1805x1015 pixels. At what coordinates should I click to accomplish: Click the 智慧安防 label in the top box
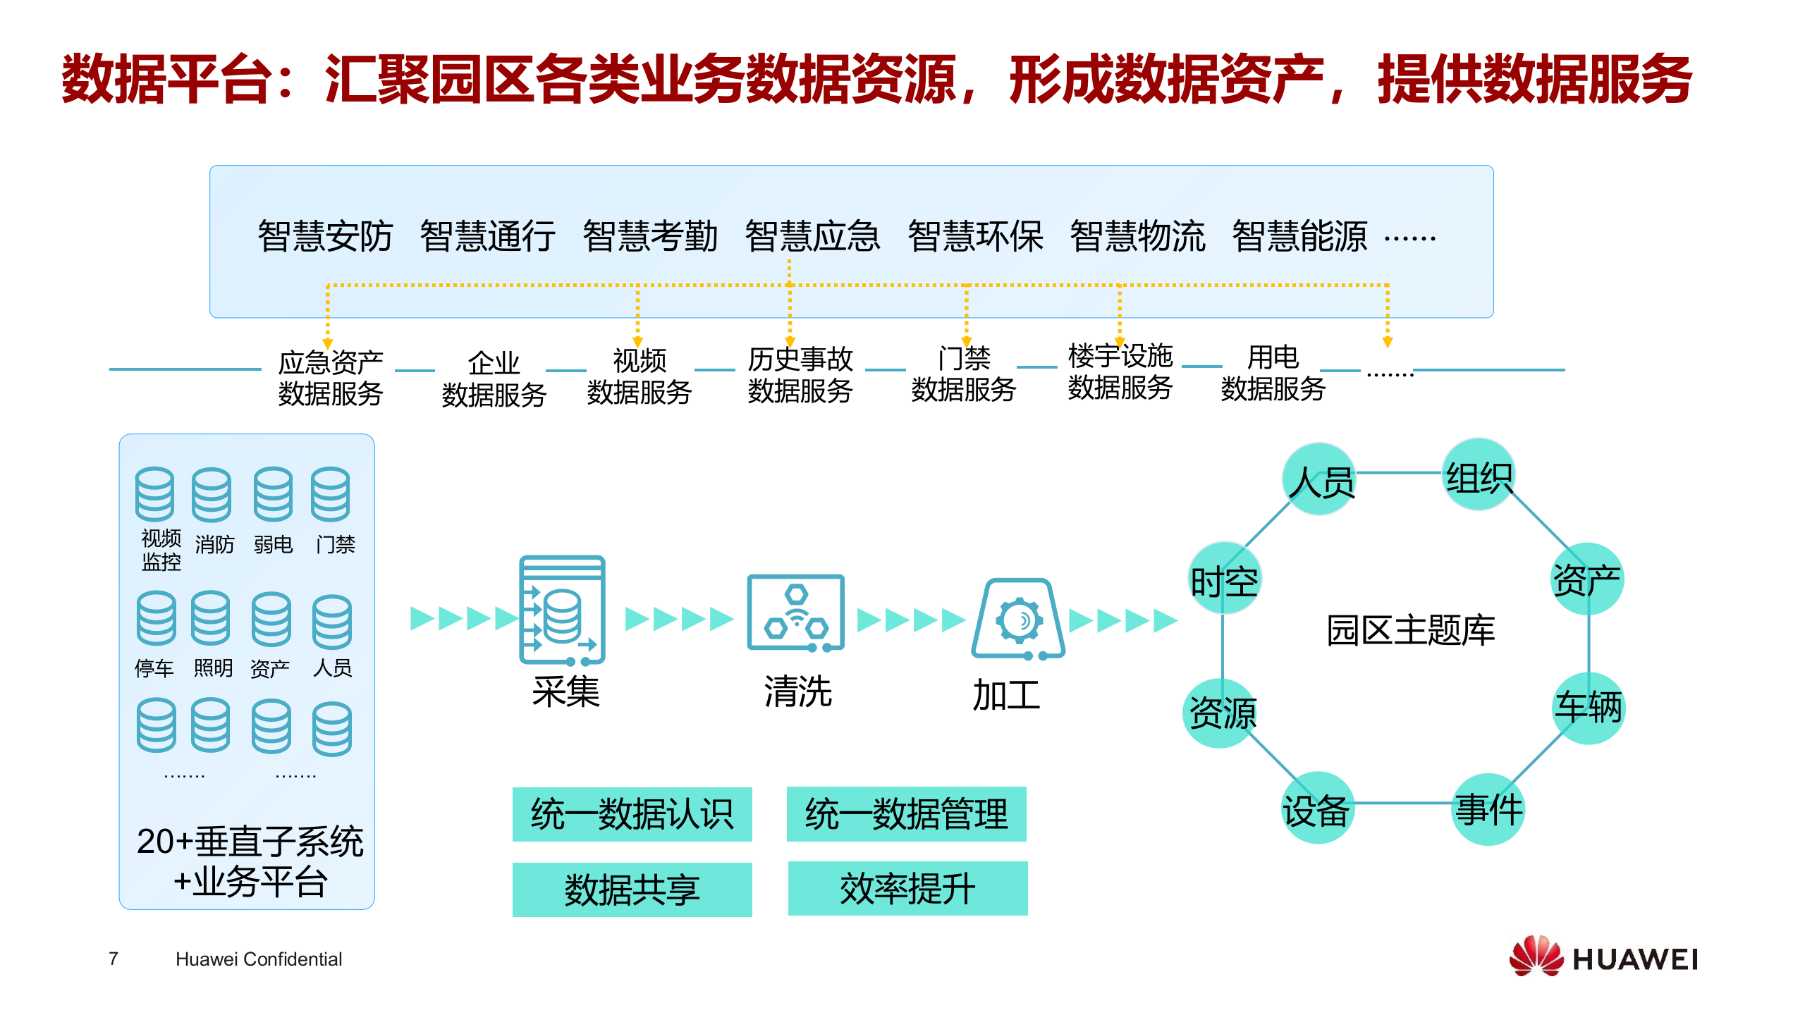click(325, 236)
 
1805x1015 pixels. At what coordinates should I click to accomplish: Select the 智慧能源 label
click(1299, 236)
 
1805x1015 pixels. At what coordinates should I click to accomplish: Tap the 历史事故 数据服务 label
click(800, 374)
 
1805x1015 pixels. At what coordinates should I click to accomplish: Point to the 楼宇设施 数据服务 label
click(1120, 371)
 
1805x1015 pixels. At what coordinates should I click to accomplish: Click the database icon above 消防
click(212, 494)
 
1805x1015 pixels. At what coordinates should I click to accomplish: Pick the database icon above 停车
click(156, 618)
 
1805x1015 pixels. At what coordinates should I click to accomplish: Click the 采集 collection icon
click(562, 610)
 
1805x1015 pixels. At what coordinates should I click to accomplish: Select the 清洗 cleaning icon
click(796, 613)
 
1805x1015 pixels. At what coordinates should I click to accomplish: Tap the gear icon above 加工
click(1019, 620)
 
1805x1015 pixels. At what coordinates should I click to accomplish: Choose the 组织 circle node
click(1479, 475)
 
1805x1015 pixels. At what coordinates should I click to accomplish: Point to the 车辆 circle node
click(1589, 708)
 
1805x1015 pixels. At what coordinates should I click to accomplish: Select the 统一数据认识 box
click(632, 814)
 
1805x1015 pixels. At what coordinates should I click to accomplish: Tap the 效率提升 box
click(907, 888)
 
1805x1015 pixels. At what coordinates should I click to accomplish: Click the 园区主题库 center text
click(1411, 630)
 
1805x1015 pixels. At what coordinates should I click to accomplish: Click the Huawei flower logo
click(1536, 956)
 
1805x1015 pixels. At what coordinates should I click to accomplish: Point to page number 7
click(114, 959)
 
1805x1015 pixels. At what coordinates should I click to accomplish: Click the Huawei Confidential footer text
click(259, 959)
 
